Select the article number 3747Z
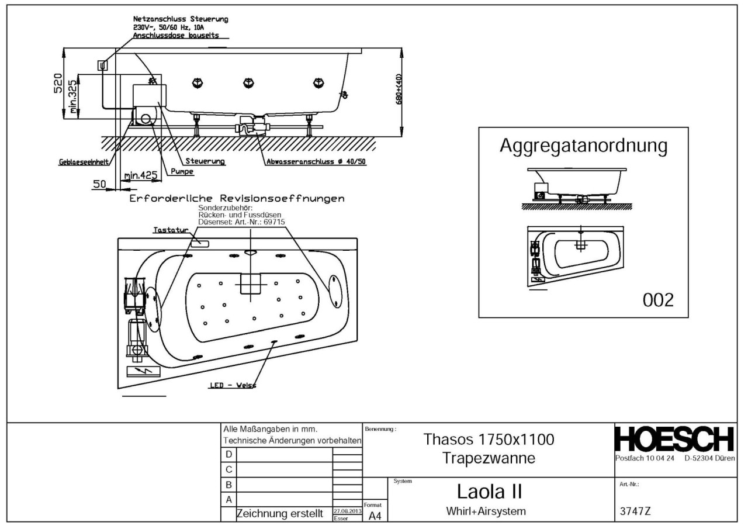pos(635,511)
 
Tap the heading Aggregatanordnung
pos(583,146)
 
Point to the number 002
pos(658,300)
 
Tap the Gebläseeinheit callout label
pos(82,164)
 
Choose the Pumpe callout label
pos(182,172)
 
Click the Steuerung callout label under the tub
pos(205,161)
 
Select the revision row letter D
pos(228,455)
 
